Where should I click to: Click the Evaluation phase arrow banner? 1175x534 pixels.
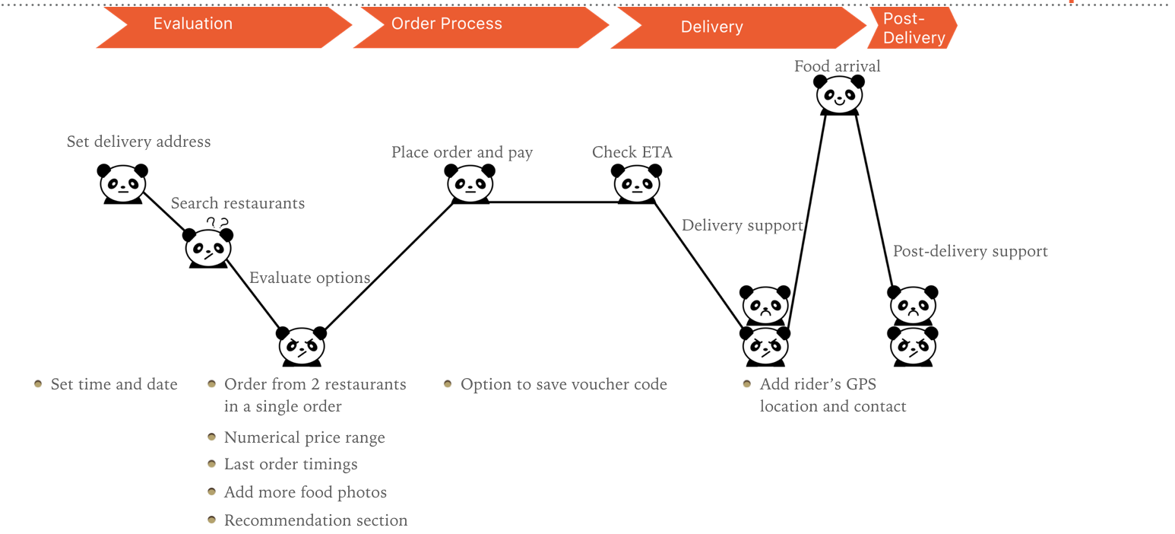click(220, 25)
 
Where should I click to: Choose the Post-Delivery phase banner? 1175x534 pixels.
click(912, 29)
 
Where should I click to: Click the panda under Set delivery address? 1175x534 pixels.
click(122, 183)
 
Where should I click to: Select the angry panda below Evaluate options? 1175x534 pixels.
click(302, 346)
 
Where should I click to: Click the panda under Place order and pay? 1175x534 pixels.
click(470, 183)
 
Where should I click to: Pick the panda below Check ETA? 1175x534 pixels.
click(637, 183)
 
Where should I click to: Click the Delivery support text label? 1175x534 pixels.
click(742, 226)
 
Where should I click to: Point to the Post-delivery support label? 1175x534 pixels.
click(970, 251)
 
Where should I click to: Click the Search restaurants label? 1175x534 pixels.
click(237, 203)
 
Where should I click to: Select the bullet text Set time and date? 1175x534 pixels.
click(114, 384)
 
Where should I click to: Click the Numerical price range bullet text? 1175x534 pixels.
click(304, 437)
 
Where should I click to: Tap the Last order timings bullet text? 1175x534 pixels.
click(290, 464)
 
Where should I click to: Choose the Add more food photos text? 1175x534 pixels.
click(305, 492)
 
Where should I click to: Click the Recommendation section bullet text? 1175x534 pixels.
click(315, 520)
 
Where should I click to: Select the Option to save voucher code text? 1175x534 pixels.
click(563, 384)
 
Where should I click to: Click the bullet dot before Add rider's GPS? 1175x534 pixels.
click(747, 383)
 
